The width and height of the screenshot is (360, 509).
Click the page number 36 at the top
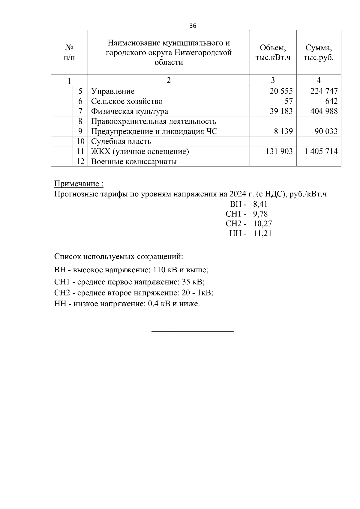click(193, 26)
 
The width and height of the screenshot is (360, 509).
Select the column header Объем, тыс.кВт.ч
click(273, 52)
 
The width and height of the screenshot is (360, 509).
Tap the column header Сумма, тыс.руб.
click(318, 52)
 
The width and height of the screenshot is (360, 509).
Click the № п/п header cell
click(69, 52)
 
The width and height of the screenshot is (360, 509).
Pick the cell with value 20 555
click(281, 91)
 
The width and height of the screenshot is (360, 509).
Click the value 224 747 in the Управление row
click(324, 91)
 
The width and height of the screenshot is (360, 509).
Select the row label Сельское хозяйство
click(127, 101)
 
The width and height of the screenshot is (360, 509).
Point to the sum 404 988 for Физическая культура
click(324, 111)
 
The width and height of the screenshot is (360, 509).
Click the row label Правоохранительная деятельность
click(154, 121)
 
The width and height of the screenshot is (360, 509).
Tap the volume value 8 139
click(283, 131)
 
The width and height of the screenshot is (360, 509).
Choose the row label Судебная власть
click(121, 142)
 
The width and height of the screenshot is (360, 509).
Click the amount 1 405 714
click(321, 151)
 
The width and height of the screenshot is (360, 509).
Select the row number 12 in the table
click(80, 162)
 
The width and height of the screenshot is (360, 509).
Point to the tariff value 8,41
click(260, 205)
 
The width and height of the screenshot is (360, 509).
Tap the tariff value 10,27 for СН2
click(262, 224)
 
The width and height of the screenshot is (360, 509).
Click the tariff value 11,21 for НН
click(262, 234)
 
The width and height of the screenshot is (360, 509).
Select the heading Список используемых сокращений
click(118, 257)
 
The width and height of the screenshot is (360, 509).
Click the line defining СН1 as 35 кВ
click(129, 282)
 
